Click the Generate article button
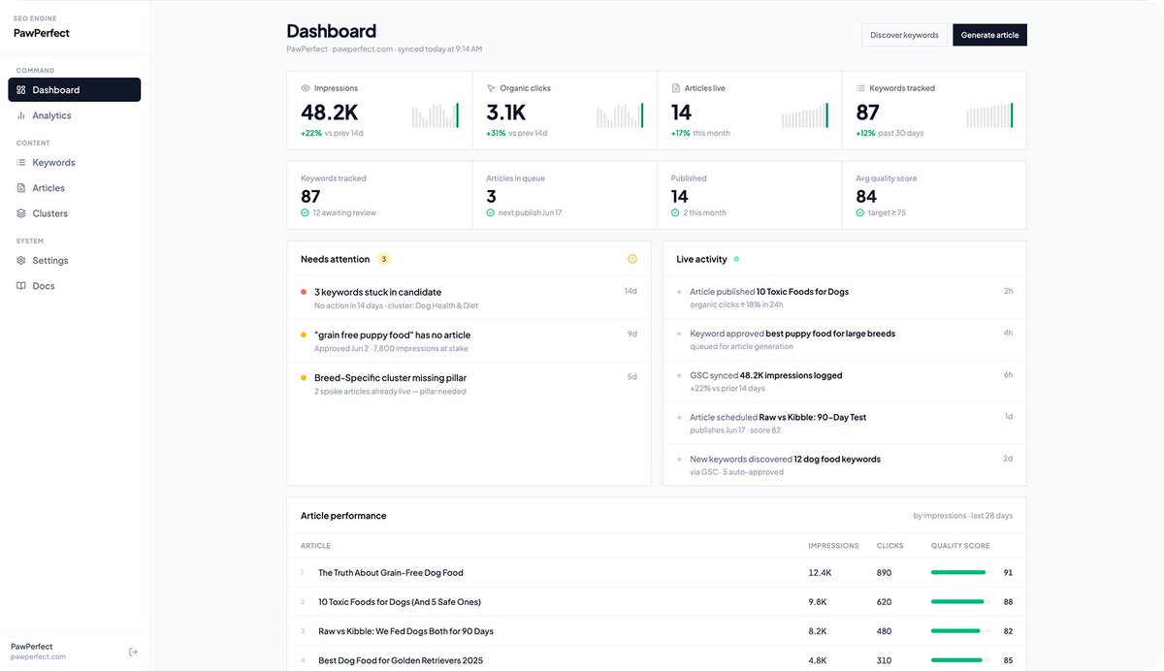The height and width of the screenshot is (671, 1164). pos(989,35)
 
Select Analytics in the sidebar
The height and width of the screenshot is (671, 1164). pos(51,115)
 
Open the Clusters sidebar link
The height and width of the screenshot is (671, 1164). pos(49,213)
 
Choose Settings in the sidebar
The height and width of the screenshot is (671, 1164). pos(49,260)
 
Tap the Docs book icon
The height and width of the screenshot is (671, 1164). pos(20,286)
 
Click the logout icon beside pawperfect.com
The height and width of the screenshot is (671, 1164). pos(133,652)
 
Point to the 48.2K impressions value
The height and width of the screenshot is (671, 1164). pos(330,112)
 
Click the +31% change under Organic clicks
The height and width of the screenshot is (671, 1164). pos(496,133)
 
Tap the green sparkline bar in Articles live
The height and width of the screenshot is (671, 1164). pos(826,115)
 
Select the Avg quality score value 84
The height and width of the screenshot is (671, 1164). pos(865,196)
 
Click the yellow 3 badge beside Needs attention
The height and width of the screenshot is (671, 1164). pos(383,259)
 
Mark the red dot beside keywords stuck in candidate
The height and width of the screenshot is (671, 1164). pos(304,292)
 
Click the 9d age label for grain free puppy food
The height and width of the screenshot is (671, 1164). pos(631,334)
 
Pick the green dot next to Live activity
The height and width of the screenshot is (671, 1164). pos(736,259)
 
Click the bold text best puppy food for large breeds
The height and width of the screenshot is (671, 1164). pos(830,334)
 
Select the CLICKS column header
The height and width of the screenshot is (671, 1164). pos(889,546)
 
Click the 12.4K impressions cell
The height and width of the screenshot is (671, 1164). pos(820,573)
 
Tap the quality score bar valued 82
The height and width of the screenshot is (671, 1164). pos(955,631)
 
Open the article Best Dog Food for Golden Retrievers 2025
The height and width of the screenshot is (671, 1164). pos(400,660)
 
